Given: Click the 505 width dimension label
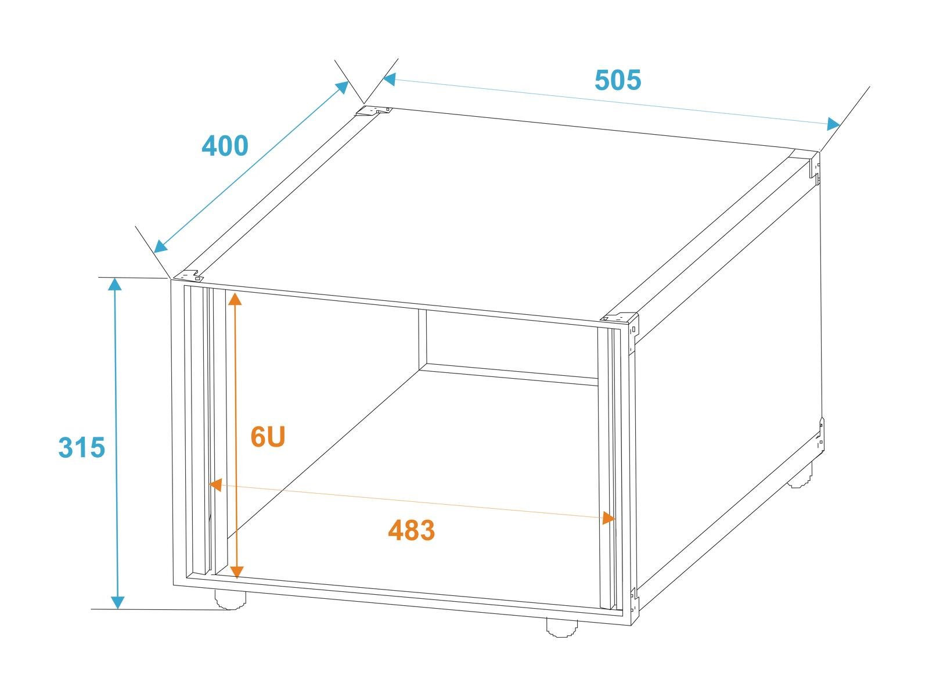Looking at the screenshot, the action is (618, 80).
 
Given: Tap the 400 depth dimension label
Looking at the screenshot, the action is (225, 146).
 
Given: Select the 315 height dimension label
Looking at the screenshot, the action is (81, 447).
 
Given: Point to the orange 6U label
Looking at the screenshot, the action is (268, 437).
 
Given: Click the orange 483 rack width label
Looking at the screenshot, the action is (412, 530).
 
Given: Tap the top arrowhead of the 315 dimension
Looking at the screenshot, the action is (115, 285).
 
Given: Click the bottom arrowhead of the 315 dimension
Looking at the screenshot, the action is (117, 602).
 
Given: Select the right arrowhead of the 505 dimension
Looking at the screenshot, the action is (833, 124).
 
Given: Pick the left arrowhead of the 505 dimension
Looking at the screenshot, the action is (390, 79).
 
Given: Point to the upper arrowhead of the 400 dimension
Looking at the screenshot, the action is (343, 87).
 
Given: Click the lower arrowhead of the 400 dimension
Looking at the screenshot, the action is (160, 246).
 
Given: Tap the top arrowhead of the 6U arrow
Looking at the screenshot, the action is (235, 299).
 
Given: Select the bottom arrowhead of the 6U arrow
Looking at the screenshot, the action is (237, 572).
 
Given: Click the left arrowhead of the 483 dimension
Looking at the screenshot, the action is (215, 484).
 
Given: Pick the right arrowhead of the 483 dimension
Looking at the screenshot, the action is (608, 518).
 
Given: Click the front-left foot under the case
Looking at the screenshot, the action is (230, 599).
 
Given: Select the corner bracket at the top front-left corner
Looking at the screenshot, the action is (190, 275).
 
